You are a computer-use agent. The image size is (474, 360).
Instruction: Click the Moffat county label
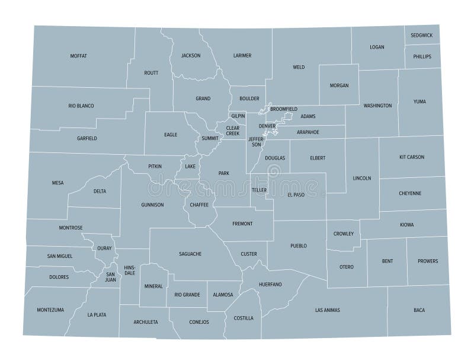(78, 56)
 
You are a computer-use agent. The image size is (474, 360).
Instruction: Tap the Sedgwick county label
(421, 36)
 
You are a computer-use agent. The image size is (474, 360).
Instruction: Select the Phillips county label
(421, 56)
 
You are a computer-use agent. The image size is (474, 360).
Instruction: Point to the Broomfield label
(283, 109)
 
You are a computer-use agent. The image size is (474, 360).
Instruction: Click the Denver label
(267, 126)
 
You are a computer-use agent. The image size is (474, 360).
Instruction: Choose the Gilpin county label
(238, 116)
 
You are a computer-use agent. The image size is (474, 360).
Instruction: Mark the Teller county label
(260, 190)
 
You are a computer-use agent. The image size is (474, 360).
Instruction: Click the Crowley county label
(343, 234)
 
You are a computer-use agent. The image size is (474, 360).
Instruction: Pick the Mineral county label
(153, 286)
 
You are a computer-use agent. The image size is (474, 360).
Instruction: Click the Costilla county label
(244, 318)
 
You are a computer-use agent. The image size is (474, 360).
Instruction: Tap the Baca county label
(419, 310)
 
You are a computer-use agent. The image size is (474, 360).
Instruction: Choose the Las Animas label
(327, 310)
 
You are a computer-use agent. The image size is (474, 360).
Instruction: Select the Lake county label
(190, 167)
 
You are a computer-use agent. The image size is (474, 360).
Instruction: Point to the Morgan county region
(338, 85)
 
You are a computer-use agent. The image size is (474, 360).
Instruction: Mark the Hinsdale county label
(130, 270)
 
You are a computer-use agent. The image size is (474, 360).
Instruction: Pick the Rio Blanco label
(81, 106)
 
